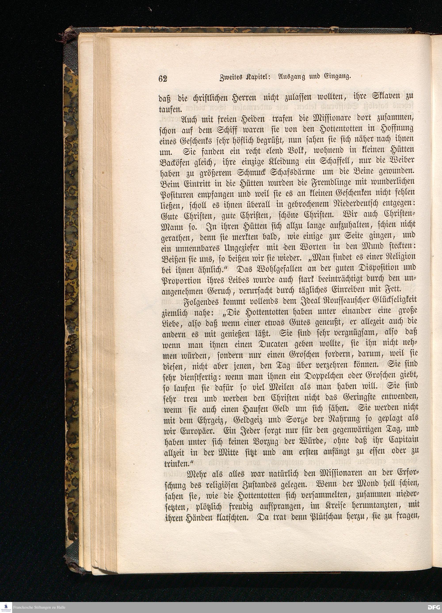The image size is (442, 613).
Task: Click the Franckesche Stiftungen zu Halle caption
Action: pyautogui.click(x=39, y=607)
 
